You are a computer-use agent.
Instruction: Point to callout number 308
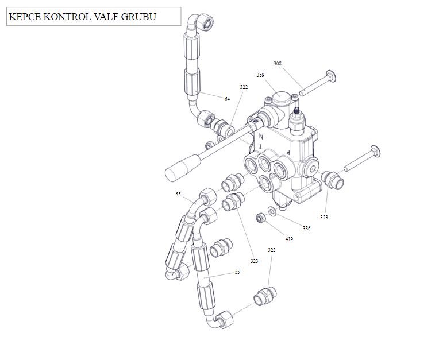pyautogui.click(x=278, y=64)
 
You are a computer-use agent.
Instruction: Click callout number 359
pyautogui.click(x=260, y=75)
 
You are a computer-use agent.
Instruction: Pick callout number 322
pyautogui.click(x=244, y=87)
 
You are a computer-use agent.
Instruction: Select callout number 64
pyautogui.click(x=227, y=99)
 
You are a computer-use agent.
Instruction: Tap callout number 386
pyautogui.click(x=307, y=229)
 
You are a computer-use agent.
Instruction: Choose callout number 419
pyautogui.click(x=289, y=239)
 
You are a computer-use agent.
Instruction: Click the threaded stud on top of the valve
pyautogui.click(x=297, y=110)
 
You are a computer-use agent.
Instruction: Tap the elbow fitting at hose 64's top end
pyautogui.click(x=204, y=21)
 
